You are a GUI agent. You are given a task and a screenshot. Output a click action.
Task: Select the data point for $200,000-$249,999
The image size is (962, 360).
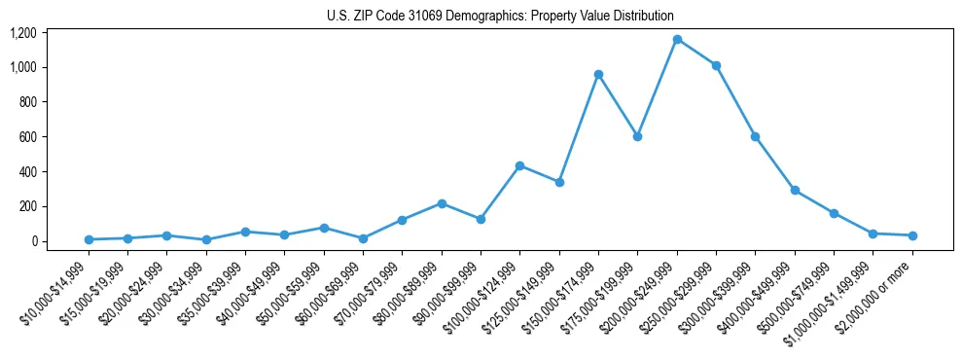(x=677, y=39)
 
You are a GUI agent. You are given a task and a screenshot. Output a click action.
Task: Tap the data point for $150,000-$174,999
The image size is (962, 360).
(x=598, y=74)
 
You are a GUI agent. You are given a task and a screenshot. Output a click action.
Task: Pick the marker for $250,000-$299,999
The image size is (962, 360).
(x=716, y=65)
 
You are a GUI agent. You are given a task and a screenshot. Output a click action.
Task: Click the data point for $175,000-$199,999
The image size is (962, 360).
(x=637, y=136)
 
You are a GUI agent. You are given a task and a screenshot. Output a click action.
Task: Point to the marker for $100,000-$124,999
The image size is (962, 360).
(x=520, y=165)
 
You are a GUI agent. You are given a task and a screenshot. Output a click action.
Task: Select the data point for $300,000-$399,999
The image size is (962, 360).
(x=755, y=136)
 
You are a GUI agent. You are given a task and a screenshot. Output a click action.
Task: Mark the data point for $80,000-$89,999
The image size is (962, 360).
(x=442, y=203)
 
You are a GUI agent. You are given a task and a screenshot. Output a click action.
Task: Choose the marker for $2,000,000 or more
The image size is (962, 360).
(x=912, y=235)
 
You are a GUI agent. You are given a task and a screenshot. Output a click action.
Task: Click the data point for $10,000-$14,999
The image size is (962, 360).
(x=89, y=239)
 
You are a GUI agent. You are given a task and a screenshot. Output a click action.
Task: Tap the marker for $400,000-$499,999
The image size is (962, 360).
(x=795, y=190)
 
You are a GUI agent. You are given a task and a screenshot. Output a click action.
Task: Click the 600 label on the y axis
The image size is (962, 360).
(x=27, y=137)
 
